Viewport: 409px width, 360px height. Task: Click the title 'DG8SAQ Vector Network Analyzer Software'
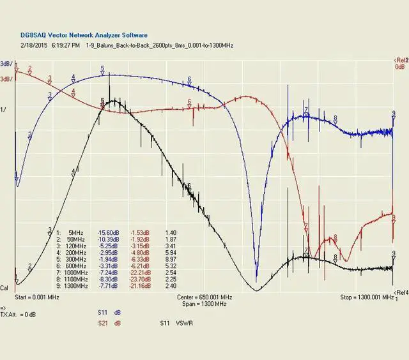(x=84, y=35)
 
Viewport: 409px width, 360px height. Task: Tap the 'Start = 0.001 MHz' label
(x=37, y=297)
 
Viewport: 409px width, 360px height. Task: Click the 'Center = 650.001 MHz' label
(x=204, y=297)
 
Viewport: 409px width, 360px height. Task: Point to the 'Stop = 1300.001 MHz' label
(x=366, y=297)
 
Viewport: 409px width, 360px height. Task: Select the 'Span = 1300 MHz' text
(x=204, y=304)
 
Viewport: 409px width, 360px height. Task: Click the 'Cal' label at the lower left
(x=4, y=289)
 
